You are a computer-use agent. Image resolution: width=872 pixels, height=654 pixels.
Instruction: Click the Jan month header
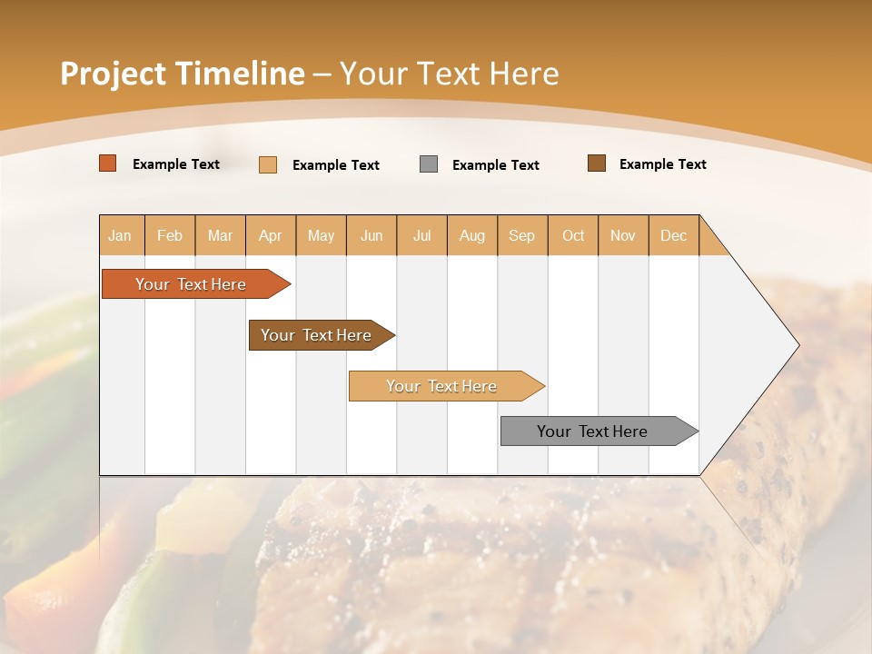click(121, 235)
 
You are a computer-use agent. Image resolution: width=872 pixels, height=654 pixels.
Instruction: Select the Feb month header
click(170, 235)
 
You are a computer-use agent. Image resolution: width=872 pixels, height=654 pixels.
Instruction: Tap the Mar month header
click(220, 235)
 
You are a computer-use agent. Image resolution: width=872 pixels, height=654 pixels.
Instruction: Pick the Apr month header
click(271, 235)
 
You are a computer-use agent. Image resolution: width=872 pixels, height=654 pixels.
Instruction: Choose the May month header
click(321, 235)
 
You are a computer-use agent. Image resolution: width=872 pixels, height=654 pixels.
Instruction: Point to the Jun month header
click(372, 235)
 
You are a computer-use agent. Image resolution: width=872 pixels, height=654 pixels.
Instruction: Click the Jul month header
click(421, 235)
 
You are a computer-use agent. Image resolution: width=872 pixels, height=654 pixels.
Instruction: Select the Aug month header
click(472, 235)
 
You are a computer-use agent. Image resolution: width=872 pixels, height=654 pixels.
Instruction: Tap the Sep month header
click(522, 235)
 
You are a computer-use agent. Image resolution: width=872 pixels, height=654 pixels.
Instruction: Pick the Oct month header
click(573, 235)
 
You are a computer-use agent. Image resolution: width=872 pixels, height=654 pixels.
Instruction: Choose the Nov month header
click(623, 235)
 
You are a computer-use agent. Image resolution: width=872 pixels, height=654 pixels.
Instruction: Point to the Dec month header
click(674, 235)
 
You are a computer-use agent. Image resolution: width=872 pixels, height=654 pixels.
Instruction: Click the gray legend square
click(429, 164)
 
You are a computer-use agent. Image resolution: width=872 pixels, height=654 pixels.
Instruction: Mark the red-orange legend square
click(108, 163)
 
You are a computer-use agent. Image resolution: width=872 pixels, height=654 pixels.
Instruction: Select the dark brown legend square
click(597, 163)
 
